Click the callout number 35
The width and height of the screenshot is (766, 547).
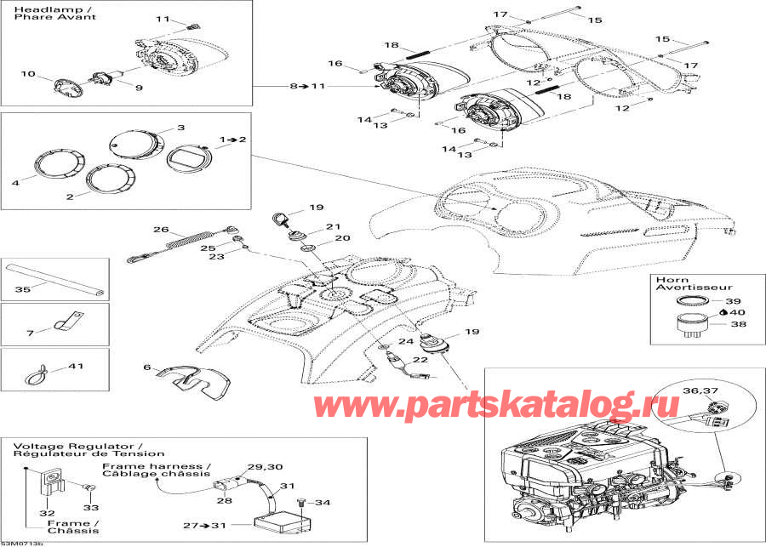22,289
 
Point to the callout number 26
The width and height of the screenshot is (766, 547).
161,229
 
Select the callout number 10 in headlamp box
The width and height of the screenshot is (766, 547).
28,74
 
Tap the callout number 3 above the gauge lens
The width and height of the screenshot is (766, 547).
180,128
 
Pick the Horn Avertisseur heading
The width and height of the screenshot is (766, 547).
679,282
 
